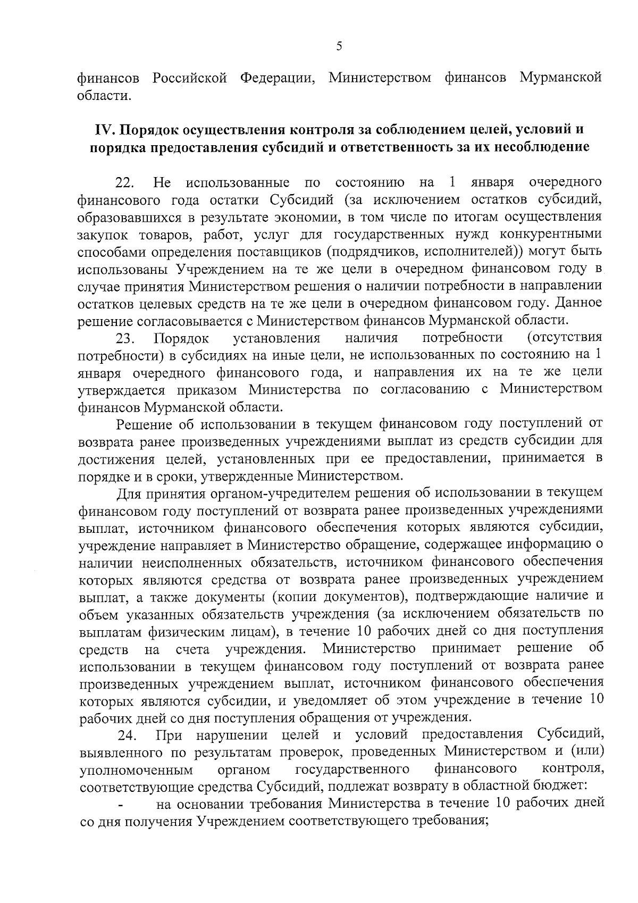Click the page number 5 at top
[339, 46]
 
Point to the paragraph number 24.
[127, 737]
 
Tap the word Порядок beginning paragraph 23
[181, 339]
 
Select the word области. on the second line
[104, 96]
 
